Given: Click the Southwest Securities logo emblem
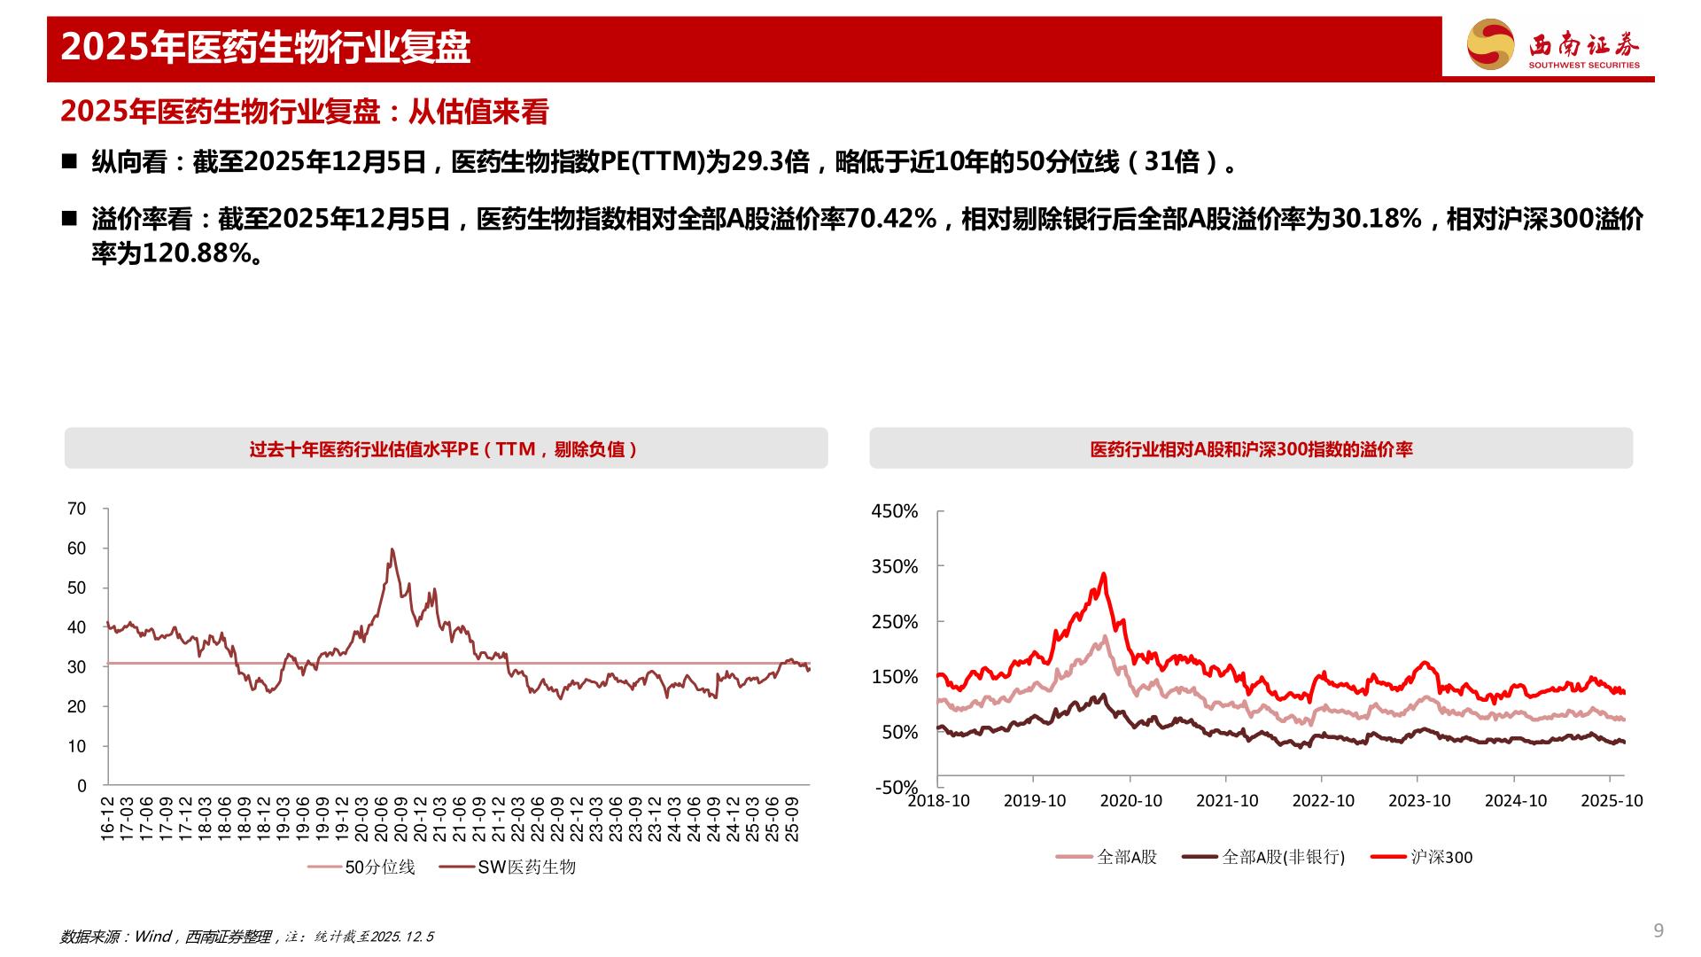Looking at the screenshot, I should point(1491,44).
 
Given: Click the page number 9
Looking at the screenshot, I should point(1658,930).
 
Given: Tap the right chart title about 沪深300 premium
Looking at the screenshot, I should point(1251,449).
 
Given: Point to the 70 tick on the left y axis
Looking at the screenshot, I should point(77,509).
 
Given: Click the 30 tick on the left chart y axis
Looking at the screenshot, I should point(77,667).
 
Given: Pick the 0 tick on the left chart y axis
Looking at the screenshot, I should point(82,786).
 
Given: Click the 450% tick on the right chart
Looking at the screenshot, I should point(895,511).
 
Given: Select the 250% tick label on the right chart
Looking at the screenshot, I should point(895,622).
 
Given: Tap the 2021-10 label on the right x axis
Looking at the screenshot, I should point(1227,801).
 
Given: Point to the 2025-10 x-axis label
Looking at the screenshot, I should point(1612,801).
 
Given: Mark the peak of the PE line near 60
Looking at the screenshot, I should point(392,550).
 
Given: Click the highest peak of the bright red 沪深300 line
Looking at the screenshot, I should point(1103,574).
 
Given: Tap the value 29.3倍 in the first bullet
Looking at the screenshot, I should point(771,162).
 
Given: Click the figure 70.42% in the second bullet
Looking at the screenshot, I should point(890,219).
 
